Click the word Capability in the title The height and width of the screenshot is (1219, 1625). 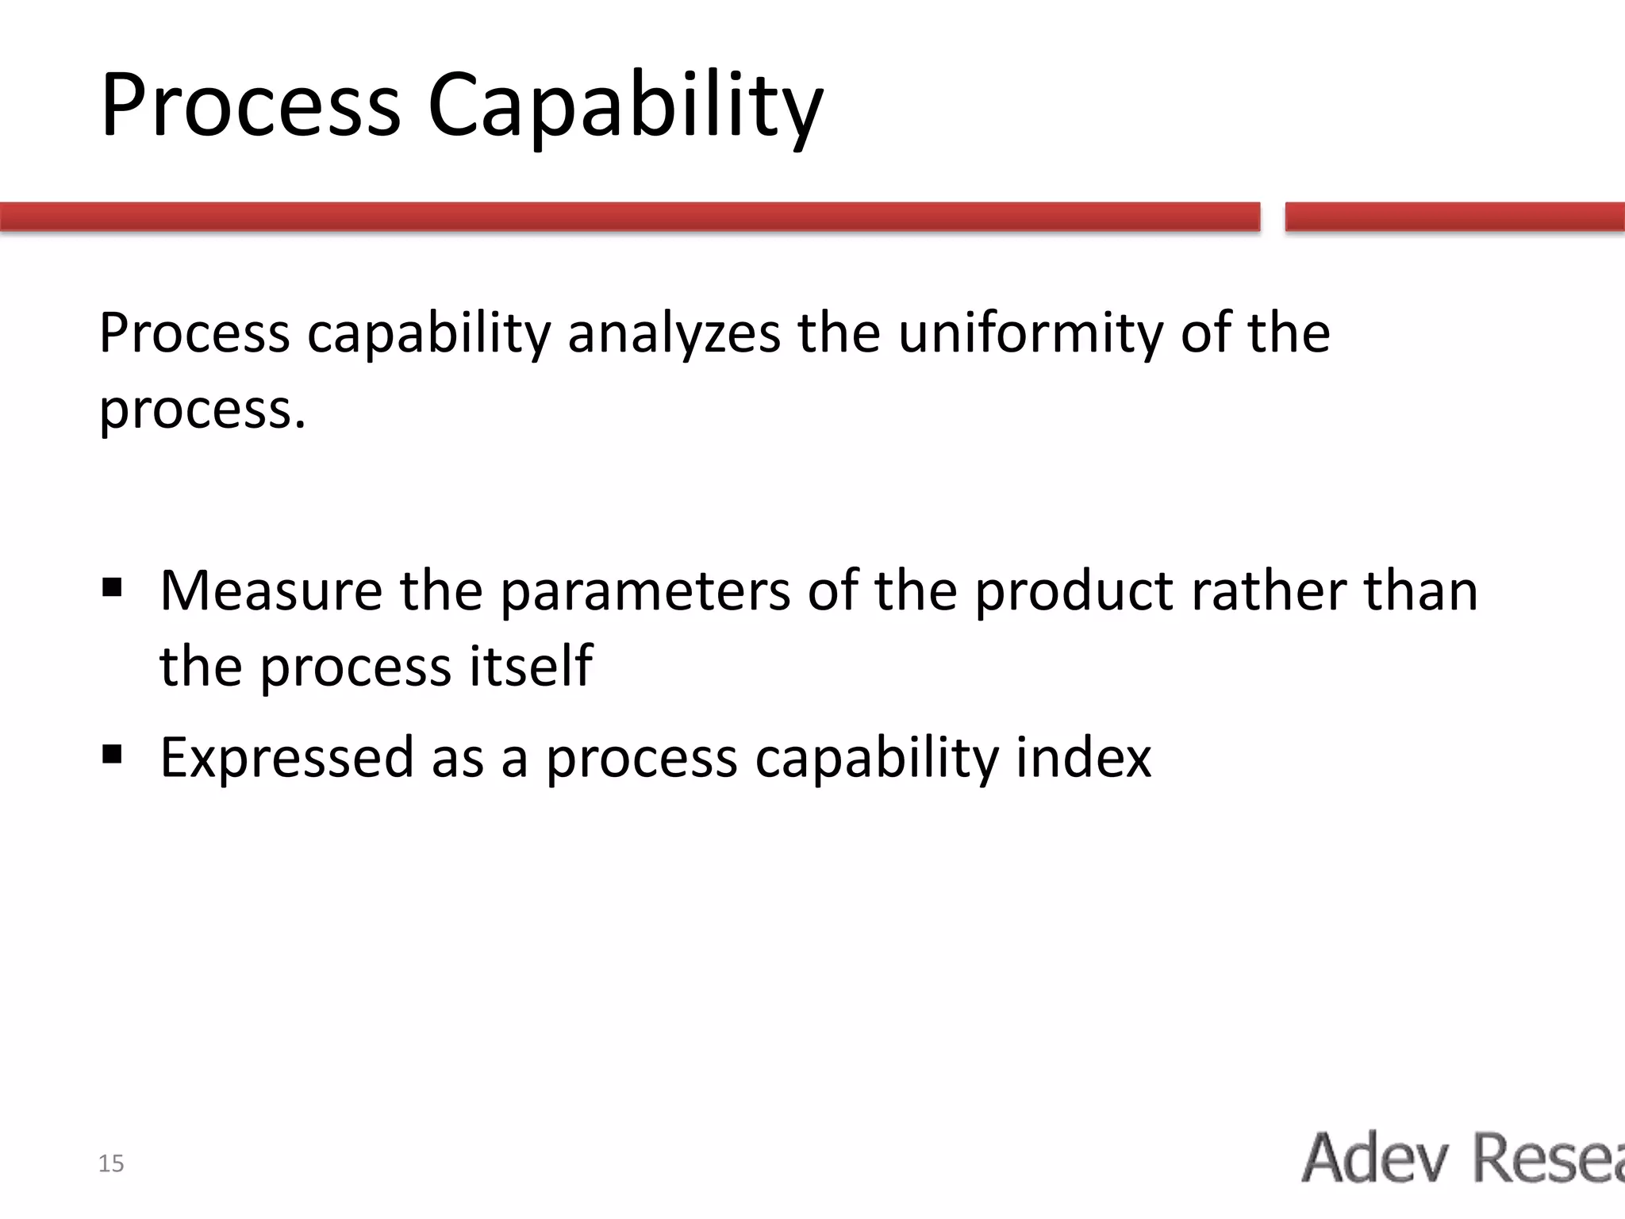pos(624,107)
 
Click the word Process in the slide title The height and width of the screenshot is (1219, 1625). pos(251,107)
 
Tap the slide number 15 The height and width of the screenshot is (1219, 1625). pos(111,1163)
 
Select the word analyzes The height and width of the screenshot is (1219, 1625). pos(674,333)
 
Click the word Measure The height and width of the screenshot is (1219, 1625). pos(271,591)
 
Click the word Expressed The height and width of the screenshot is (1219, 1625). pos(286,758)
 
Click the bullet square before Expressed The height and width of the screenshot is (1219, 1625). pos(112,753)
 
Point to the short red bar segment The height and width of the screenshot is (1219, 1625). pos(1454,217)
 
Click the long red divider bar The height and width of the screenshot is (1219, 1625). pos(630,217)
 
